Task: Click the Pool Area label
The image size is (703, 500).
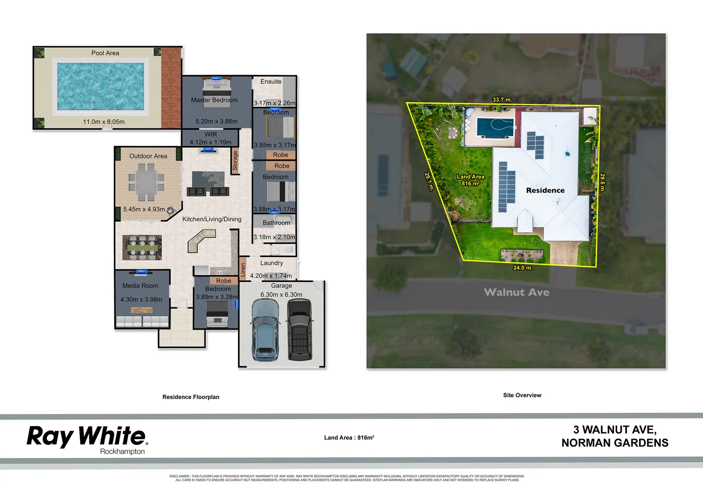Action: pyautogui.click(x=105, y=53)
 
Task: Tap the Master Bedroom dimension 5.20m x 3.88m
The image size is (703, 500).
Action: pyautogui.click(x=216, y=122)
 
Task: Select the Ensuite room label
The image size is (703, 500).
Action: pyautogui.click(x=270, y=82)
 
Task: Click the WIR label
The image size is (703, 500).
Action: pyautogui.click(x=211, y=135)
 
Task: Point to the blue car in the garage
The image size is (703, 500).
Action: pyautogui.click(x=265, y=330)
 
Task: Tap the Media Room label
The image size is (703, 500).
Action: pyautogui.click(x=140, y=286)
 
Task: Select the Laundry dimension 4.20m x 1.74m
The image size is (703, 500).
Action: pyautogui.click(x=271, y=276)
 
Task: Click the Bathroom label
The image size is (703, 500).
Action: pyautogui.click(x=276, y=223)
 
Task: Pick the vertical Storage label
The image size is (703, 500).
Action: pyautogui.click(x=235, y=161)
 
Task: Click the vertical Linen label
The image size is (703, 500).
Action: pyautogui.click(x=243, y=270)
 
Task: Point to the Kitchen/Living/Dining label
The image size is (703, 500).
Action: pyautogui.click(x=212, y=219)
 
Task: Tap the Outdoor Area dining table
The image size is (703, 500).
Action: pyautogui.click(x=146, y=181)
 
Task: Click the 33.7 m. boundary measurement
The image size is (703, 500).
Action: pyautogui.click(x=502, y=100)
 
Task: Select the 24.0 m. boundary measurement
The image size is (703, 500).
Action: pyautogui.click(x=522, y=268)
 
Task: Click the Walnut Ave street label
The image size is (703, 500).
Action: pyautogui.click(x=516, y=293)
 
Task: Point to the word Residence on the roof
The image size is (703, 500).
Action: pyautogui.click(x=545, y=191)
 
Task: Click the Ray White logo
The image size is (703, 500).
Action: pyautogui.click(x=87, y=437)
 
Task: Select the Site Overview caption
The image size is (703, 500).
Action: pyautogui.click(x=522, y=395)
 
